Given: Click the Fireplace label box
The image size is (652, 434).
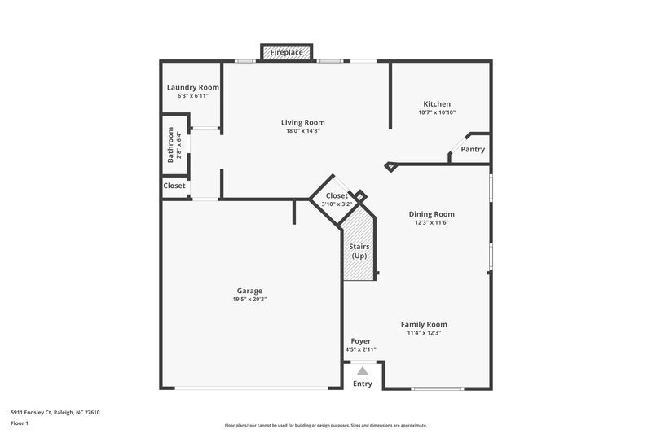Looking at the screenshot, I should click(287, 53).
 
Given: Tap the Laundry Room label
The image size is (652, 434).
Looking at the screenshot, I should click(193, 88).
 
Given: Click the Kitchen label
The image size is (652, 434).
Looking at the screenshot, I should click(437, 104).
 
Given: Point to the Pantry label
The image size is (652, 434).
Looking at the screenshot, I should click(473, 150).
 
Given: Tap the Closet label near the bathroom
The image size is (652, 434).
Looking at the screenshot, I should click(174, 186).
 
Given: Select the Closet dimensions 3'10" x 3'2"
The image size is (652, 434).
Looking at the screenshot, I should click(336, 205).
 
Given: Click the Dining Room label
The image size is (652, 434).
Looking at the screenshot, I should click(432, 214).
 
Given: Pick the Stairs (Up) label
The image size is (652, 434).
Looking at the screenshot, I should click(359, 251).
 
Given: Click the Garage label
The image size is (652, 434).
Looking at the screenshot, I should click(249, 291).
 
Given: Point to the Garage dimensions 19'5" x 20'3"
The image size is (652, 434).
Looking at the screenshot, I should click(249, 300).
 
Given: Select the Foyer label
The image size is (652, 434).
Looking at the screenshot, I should click(361, 341).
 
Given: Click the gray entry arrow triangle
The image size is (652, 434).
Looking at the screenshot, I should click(363, 371).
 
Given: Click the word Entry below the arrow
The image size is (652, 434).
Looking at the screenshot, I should click(363, 384).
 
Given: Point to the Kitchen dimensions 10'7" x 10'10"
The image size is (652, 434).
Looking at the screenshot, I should click(437, 113).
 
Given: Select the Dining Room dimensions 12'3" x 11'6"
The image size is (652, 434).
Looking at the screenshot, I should click(432, 223).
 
